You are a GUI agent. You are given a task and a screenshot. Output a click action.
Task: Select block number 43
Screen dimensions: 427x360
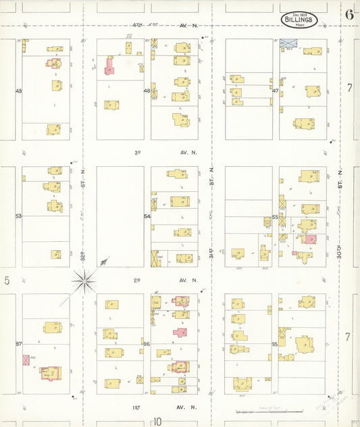pos(18,91)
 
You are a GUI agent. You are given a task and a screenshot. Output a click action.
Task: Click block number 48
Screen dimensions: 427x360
pos(147,91)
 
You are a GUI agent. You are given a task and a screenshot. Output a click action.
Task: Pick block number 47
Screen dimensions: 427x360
pos(275,91)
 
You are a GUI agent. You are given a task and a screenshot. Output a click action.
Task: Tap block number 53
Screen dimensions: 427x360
pos(18,216)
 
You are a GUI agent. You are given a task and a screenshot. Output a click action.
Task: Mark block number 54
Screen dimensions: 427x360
pos(147,216)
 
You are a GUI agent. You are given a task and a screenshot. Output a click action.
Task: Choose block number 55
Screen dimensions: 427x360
pos(275,216)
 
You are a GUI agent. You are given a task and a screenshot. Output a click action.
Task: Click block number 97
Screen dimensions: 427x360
pos(18,344)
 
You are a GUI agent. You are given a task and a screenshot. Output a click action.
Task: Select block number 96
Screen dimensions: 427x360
pos(147,344)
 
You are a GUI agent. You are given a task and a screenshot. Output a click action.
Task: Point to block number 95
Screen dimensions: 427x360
pos(275,344)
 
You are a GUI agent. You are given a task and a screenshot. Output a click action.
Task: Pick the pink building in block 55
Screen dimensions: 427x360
pos(310,238)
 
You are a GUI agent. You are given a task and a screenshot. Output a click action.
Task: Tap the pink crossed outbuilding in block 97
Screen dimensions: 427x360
pos(26,360)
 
